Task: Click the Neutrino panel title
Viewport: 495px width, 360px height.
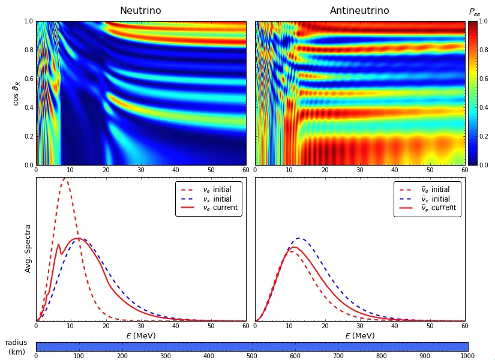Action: [140, 11]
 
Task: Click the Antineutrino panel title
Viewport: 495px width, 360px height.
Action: [359, 11]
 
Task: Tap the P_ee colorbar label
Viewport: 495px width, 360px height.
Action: [475, 13]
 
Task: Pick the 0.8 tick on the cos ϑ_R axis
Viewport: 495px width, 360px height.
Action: [29, 50]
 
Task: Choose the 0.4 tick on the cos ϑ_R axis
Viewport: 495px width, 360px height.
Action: [29, 107]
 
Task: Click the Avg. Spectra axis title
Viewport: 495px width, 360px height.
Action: [28, 248]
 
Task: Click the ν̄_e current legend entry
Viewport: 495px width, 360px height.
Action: [427, 208]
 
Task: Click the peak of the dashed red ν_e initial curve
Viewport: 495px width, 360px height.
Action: [65, 178]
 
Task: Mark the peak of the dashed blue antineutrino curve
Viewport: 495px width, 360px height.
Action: [299, 238]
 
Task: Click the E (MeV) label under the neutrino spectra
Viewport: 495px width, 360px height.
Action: [141, 335]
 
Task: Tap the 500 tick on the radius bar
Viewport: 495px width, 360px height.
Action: [252, 356]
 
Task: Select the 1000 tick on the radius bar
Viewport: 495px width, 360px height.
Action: [467, 356]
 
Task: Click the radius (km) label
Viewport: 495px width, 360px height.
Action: [16, 347]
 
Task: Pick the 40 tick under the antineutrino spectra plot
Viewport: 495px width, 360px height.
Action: [395, 326]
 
